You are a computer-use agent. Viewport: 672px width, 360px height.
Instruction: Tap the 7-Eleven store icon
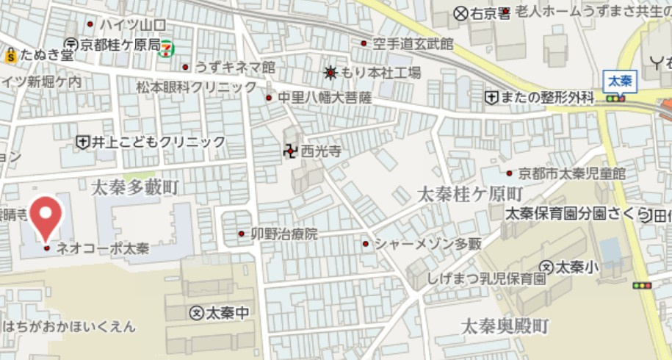click(167, 46)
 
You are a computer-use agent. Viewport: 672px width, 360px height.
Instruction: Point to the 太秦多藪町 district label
click(135, 188)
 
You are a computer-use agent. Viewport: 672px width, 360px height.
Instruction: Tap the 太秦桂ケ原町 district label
click(469, 195)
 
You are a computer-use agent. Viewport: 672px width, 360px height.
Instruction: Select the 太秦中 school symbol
click(196, 313)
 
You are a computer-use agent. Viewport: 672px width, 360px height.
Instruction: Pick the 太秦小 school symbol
click(546, 266)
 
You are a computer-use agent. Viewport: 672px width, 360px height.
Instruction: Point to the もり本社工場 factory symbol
click(331, 73)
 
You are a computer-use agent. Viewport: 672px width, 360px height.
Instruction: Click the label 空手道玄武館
click(412, 44)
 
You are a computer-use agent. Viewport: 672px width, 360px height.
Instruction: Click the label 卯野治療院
click(285, 234)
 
